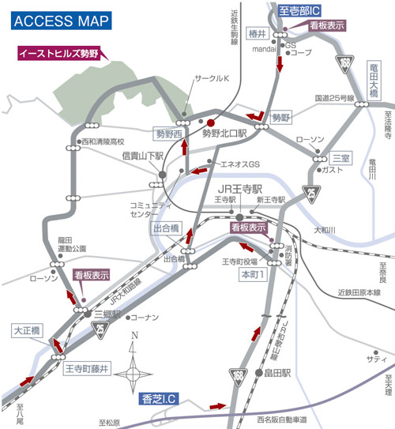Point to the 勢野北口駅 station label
(225, 134)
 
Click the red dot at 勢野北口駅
(211, 123)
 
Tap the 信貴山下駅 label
(142, 157)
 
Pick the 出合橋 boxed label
(165, 228)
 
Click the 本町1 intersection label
(253, 273)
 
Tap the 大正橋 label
(26, 331)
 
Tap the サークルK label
(211, 80)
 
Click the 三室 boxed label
(340, 157)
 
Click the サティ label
(371, 359)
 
